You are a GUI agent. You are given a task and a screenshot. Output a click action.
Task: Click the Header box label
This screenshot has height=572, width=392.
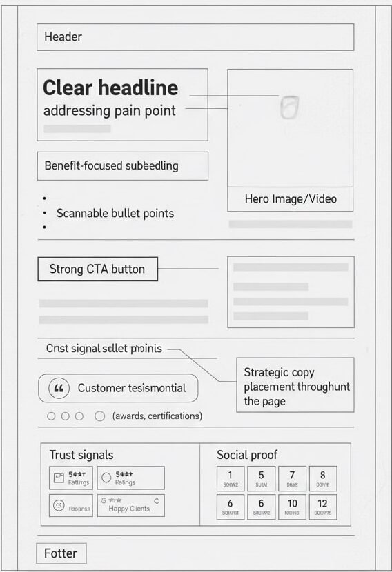pos(63,37)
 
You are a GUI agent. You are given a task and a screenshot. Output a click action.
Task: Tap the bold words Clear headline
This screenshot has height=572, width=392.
pos(110,88)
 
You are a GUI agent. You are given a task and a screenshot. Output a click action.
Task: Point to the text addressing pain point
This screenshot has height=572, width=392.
pos(109,111)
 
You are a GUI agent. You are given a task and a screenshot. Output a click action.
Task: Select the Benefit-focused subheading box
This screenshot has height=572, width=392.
pos(122,166)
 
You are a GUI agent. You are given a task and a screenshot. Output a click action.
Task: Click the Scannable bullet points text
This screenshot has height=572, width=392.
pos(115,214)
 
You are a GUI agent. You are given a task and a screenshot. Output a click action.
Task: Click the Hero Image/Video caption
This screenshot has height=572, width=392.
pos(291,199)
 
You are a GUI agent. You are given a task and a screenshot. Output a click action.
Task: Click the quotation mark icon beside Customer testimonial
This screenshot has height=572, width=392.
pos(59,389)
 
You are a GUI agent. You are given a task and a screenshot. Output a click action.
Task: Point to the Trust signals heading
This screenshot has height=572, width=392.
pos(81,455)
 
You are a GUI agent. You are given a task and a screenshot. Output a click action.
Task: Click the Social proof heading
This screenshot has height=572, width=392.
pos(247,455)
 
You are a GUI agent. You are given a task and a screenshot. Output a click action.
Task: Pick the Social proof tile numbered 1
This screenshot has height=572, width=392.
pos(231,478)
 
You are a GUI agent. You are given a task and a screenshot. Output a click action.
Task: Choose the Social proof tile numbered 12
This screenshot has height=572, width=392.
pos(323,507)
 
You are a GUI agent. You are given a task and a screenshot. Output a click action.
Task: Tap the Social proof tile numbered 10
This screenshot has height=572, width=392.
pos(293,507)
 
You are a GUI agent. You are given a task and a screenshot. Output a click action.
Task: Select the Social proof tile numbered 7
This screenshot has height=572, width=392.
pos(293,478)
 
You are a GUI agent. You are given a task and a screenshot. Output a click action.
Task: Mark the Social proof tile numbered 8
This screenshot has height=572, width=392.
pos(323,478)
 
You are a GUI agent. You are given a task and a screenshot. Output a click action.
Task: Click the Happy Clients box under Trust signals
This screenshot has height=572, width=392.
pos(130,505)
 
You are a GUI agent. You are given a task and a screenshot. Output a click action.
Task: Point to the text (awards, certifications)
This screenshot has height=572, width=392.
pos(157,416)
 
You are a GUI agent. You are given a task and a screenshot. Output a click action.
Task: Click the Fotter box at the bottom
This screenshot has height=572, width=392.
pos(61,553)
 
